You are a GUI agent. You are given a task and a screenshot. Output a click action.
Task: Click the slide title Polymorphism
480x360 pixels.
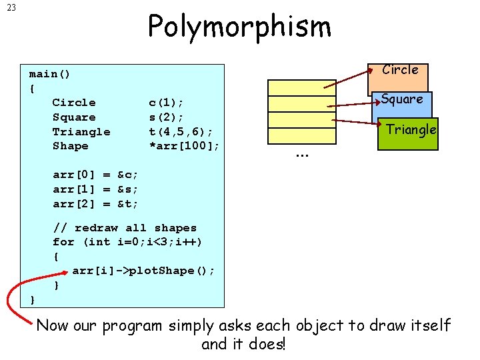pyautogui.click(x=239, y=27)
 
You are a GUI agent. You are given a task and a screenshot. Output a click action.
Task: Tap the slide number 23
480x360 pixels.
pyautogui.click(x=12, y=9)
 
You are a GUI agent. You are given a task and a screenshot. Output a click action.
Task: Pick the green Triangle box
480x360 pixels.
pyautogui.click(x=407, y=132)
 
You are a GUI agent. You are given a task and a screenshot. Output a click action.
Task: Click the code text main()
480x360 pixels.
pyautogui.click(x=50, y=73)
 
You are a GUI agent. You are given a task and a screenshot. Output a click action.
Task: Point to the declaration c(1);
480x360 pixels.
pyautogui.click(x=166, y=103)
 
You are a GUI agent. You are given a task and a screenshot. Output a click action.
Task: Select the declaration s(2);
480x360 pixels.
pyautogui.click(x=166, y=117)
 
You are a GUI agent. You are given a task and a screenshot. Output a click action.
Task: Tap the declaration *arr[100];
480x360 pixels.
pyautogui.click(x=184, y=146)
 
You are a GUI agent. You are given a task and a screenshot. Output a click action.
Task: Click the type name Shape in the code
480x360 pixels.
pyautogui.click(x=70, y=146)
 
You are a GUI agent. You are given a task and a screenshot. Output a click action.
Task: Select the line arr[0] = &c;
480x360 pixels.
pyautogui.click(x=95, y=175)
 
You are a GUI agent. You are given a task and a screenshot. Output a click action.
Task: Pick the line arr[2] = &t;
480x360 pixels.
pyautogui.click(x=95, y=204)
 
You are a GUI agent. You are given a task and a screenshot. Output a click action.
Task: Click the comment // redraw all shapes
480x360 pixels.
pyautogui.click(x=125, y=228)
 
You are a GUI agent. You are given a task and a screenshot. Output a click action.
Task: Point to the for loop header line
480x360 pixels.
pyautogui.click(x=127, y=242)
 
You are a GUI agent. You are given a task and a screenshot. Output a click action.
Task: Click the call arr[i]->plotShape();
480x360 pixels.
pyautogui.click(x=143, y=271)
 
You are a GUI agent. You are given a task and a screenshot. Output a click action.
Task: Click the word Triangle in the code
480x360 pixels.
pyautogui.click(x=81, y=132)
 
